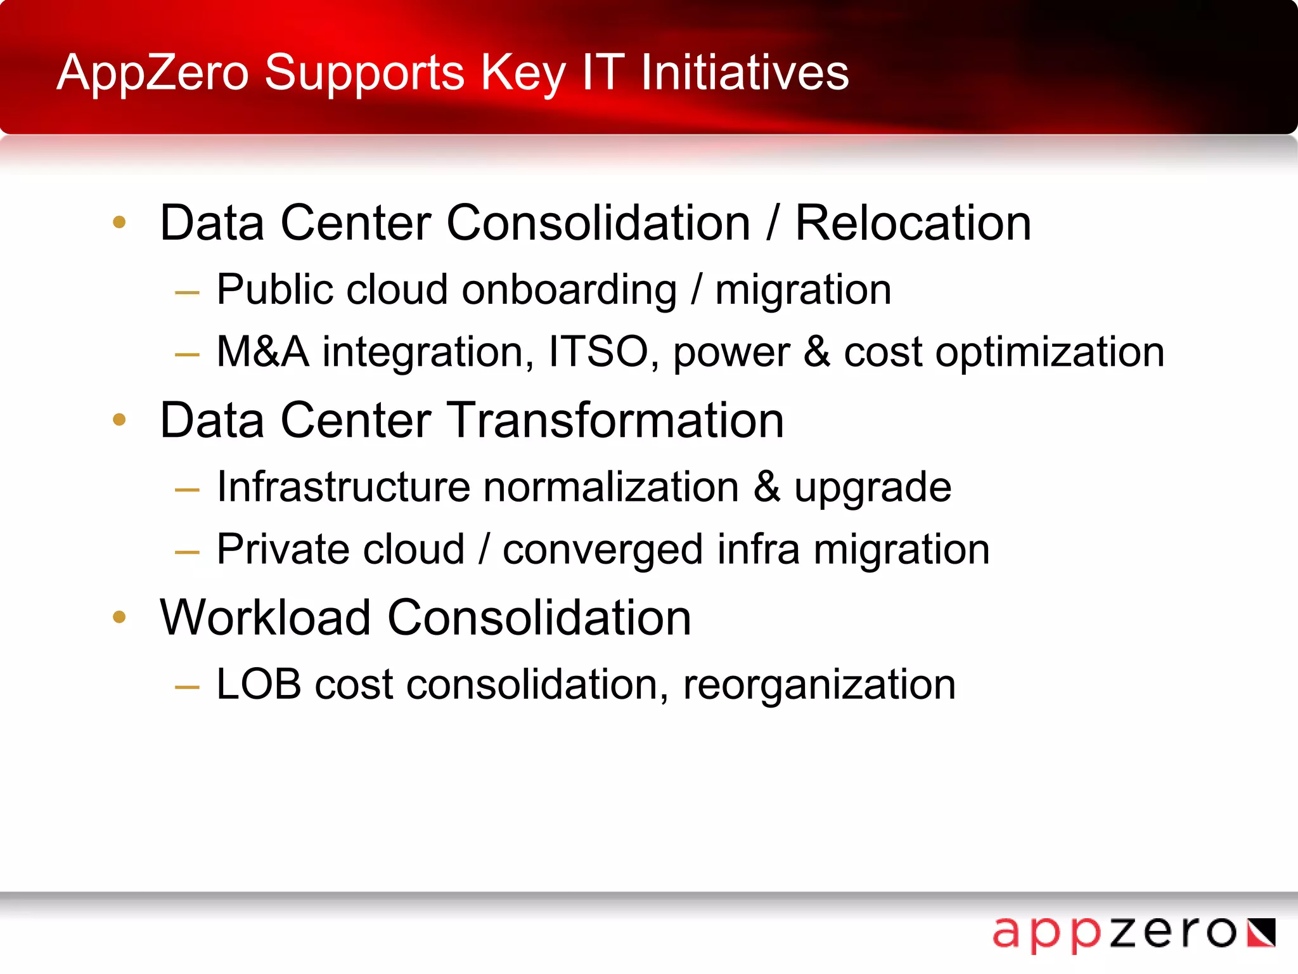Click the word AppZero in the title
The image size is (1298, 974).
pos(152,73)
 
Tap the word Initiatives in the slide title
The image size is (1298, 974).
pos(745,73)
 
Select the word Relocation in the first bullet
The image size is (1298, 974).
pos(913,223)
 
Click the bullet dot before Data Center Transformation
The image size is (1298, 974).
pos(119,419)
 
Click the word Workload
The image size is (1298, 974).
pos(265,618)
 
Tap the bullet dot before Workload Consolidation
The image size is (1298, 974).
pos(119,616)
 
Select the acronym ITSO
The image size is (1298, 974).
pos(598,352)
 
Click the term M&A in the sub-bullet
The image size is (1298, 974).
pos(262,352)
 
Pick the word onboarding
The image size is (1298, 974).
pos(569,290)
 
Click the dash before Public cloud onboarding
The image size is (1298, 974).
pos(187,293)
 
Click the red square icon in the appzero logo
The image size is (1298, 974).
pos(1261,933)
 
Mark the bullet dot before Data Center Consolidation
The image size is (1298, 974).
pos(119,222)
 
